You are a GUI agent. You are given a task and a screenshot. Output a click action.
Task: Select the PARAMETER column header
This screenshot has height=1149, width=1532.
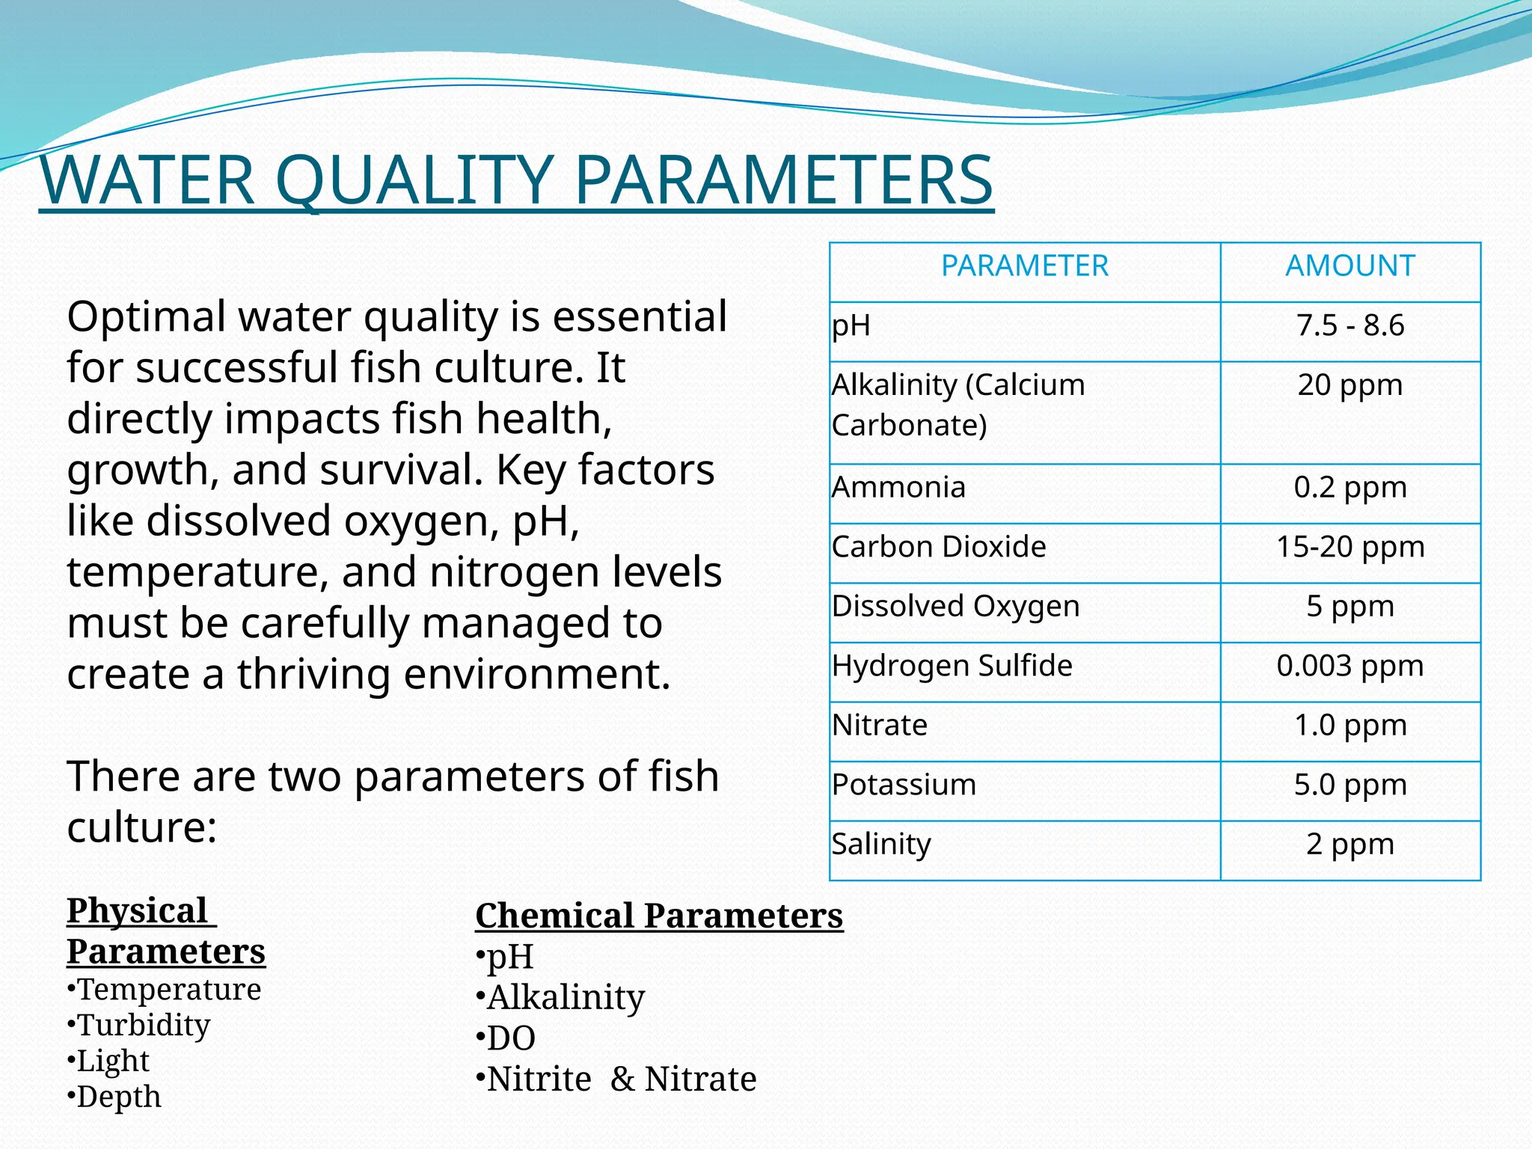click(x=1024, y=266)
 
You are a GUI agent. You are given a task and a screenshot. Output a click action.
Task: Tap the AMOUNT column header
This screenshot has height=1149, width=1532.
click(x=1349, y=266)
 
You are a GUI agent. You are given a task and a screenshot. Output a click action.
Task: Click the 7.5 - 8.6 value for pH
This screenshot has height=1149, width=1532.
click(x=1349, y=326)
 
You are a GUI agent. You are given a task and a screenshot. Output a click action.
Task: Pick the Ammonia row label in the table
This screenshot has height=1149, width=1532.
click(x=898, y=488)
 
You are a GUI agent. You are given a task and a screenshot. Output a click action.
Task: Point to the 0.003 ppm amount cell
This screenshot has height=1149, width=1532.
click(x=1349, y=666)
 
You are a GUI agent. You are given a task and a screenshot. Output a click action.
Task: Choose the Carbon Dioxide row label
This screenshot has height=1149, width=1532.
click(x=938, y=547)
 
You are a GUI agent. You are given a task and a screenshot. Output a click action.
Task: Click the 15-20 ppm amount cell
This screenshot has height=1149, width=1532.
click(x=1349, y=547)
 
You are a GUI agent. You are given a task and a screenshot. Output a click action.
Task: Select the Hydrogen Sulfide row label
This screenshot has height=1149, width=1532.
click(x=952, y=666)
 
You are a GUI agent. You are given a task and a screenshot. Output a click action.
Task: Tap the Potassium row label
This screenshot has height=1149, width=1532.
click(x=904, y=785)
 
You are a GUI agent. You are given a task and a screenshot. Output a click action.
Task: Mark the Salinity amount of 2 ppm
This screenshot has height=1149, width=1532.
click(x=1349, y=845)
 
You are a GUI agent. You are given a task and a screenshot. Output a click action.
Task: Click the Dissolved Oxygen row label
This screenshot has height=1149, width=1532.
click(x=955, y=607)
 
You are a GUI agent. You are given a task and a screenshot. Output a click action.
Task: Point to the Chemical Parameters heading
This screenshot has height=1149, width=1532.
click(x=659, y=916)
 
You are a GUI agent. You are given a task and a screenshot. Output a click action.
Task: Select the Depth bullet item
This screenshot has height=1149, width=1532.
click(x=118, y=1097)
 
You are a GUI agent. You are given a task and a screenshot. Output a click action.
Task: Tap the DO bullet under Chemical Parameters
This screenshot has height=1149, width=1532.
click(x=511, y=1038)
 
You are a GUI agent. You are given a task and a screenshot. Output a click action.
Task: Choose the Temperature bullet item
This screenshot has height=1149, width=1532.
click(x=169, y=990)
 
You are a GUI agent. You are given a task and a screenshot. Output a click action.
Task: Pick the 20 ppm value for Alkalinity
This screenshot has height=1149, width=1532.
click(x=1349, y=385)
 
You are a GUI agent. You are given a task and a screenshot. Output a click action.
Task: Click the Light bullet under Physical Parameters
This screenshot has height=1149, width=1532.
click(x=113, y=1061)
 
